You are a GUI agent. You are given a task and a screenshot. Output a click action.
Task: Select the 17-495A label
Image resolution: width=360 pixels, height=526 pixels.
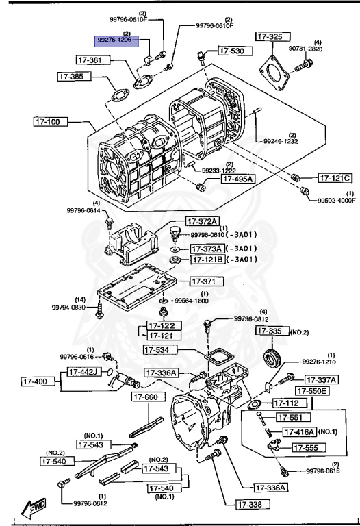coord(237,179)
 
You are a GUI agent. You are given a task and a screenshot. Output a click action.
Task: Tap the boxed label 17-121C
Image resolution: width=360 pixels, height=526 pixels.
coord(336,178)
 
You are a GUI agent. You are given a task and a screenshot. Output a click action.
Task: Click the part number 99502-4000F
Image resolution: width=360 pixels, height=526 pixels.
coord(336,200)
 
